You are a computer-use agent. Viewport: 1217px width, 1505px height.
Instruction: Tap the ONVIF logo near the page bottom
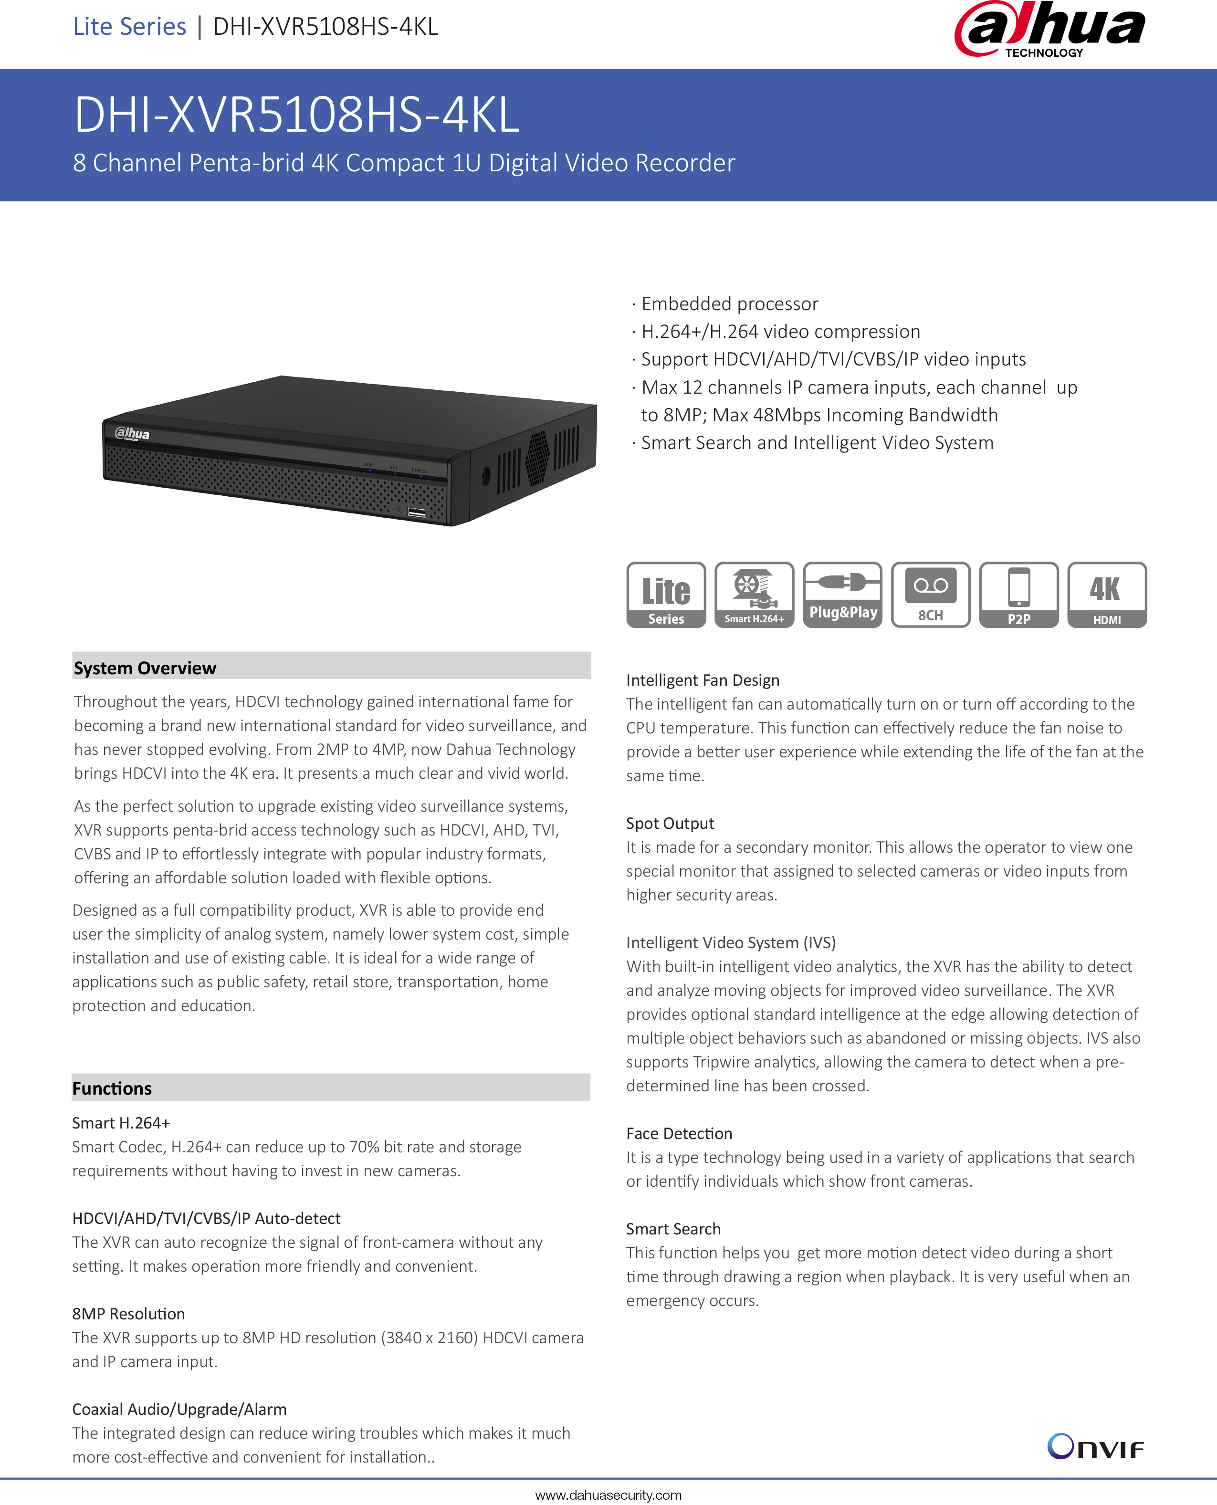1095,1447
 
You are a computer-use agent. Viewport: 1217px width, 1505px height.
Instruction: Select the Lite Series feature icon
666,595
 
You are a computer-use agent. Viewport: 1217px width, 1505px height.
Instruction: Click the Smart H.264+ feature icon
755,595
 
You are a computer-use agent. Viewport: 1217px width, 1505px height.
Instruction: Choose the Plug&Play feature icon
843,595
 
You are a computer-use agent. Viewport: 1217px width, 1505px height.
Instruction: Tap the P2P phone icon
1018,595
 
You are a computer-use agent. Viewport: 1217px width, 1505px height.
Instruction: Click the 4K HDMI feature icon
1107,595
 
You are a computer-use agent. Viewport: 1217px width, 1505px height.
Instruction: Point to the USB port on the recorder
417,512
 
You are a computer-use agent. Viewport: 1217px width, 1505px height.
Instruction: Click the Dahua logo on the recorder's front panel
133,433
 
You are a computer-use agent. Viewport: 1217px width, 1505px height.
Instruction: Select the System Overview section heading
145,668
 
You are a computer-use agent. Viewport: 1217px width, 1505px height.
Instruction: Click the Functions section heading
112,1088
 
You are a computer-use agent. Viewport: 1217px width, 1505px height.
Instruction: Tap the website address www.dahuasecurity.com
608,1495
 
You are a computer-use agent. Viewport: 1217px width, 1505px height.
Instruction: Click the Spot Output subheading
670,823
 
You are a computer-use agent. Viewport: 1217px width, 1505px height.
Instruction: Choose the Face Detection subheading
679,1133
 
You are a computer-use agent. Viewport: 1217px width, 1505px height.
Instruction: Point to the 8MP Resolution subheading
128,1314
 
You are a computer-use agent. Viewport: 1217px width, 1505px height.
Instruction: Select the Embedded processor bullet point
729,303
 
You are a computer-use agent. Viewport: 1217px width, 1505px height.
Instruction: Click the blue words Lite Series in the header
130,27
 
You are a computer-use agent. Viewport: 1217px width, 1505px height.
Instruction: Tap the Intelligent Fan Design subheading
703,680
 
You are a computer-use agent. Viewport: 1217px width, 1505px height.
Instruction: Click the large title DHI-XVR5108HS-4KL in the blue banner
296,114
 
